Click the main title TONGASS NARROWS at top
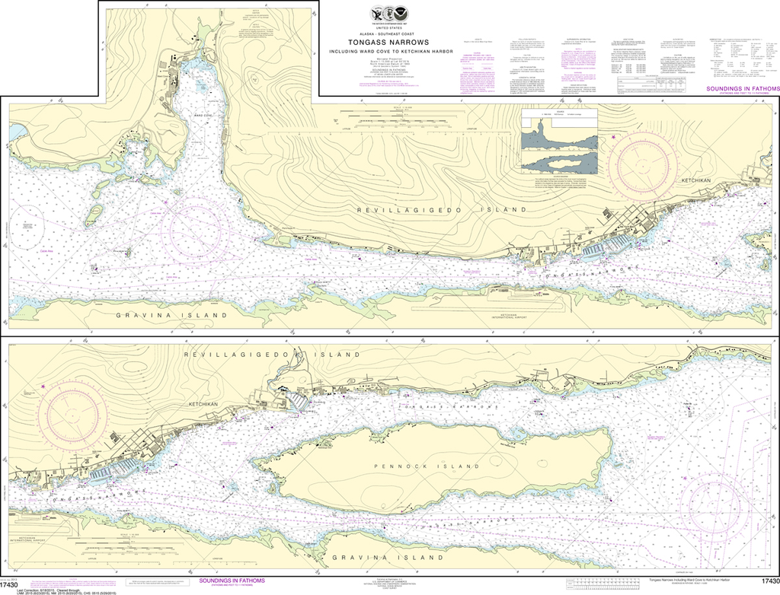(x=389, y=43)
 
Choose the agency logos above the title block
(x=388, y=14)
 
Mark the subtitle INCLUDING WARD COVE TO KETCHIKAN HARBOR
(x=389, y=52)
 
